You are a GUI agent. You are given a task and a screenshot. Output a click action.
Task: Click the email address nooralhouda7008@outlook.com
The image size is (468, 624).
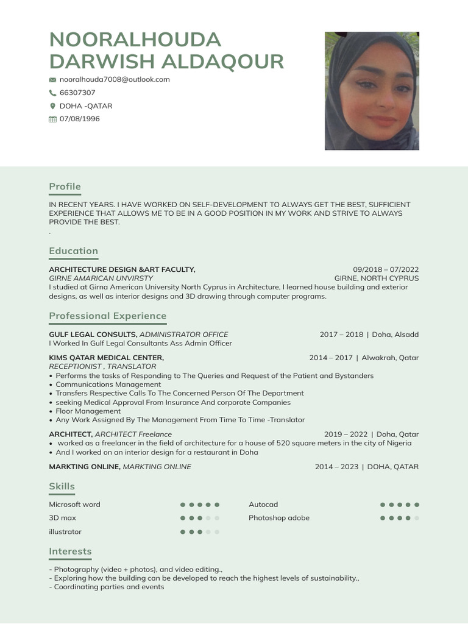pos(115,79)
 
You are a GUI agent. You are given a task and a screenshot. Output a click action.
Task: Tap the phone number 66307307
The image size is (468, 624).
pos(77,93)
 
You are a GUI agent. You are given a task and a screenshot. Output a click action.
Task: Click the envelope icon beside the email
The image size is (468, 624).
pos(52,80)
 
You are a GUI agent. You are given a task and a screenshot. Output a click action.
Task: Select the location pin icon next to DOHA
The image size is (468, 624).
pos(52,106)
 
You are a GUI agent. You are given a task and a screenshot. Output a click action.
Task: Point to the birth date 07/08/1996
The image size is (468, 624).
pos(79,119)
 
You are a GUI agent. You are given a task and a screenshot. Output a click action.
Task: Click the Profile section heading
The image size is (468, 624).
pos(65,186)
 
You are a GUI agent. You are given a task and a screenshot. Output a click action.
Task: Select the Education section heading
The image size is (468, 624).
pos(73,251)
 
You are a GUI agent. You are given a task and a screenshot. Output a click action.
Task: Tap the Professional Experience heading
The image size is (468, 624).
pos(107,316)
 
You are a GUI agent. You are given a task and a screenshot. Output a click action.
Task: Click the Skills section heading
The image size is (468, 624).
pos(62,486)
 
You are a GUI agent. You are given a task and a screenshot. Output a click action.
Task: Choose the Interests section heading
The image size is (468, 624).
pos(70,551)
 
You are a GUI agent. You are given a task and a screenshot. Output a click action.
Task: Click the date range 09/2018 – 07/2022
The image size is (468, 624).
pos(386,269)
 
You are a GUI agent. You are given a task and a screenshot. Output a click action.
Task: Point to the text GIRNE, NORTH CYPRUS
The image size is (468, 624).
pos(376,278)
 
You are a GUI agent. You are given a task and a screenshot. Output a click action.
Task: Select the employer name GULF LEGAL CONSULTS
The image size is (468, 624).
pos(93,335)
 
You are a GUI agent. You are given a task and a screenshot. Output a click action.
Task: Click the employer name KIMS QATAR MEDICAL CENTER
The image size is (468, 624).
pos(106,358)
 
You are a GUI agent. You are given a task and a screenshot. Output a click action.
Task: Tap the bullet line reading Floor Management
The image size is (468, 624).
pos(88,411)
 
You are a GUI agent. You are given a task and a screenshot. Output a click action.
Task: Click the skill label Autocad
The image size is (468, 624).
pos(263,505)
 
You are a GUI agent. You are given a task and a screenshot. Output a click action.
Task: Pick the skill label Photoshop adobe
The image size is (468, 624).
pos(279,518)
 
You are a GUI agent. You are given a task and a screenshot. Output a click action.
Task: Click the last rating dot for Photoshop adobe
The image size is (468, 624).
pos(417,518)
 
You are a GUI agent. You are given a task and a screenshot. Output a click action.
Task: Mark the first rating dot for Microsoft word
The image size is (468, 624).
pos(183,505)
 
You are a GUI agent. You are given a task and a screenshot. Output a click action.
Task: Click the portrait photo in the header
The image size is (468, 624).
pos(372,91)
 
